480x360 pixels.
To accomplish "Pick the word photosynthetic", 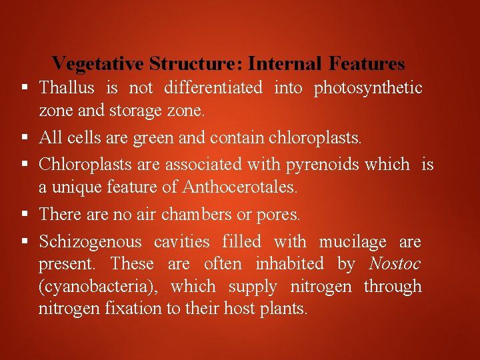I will tap(368, 87).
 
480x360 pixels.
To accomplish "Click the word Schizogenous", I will tap(90, 241).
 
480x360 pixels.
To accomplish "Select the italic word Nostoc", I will tap(395, 264).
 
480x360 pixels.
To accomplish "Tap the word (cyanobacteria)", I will tap(98, 287).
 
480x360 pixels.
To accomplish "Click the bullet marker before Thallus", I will tap(24, 87).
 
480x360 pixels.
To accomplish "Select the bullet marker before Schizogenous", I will tap(24, 241).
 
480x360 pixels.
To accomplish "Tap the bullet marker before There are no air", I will tap(24, 214).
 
